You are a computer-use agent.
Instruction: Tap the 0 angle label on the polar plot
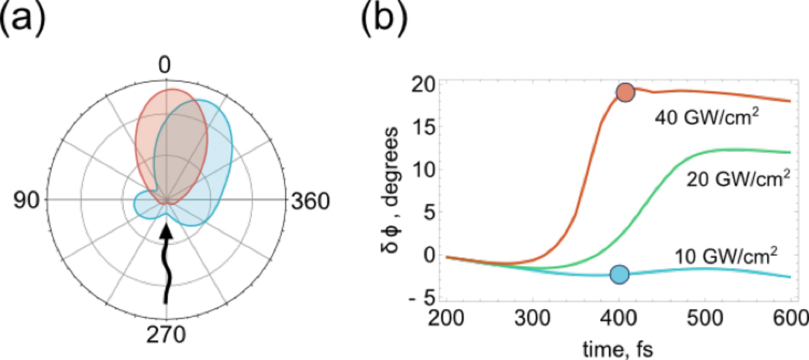[165, 65]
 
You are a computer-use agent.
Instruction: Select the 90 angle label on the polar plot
[26, 200]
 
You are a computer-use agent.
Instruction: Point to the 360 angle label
[310, 201]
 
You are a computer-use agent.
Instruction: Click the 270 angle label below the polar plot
[166, 335]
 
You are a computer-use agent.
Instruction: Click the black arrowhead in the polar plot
[166, 231]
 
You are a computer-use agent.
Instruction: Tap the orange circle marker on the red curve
[625, 92]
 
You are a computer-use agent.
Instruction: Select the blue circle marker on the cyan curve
[620, 274]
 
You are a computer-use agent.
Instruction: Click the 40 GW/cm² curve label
[707, 117]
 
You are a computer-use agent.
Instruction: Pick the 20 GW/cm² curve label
[738, 178]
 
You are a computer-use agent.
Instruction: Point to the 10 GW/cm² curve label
[726, 256]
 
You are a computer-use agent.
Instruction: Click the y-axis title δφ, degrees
[390, 189]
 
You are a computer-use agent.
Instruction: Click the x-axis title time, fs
[617, 349]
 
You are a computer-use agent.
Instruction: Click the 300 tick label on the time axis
[532, 318]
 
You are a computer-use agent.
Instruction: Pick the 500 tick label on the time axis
[705, 318]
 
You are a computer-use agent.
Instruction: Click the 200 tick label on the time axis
[446, 318]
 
